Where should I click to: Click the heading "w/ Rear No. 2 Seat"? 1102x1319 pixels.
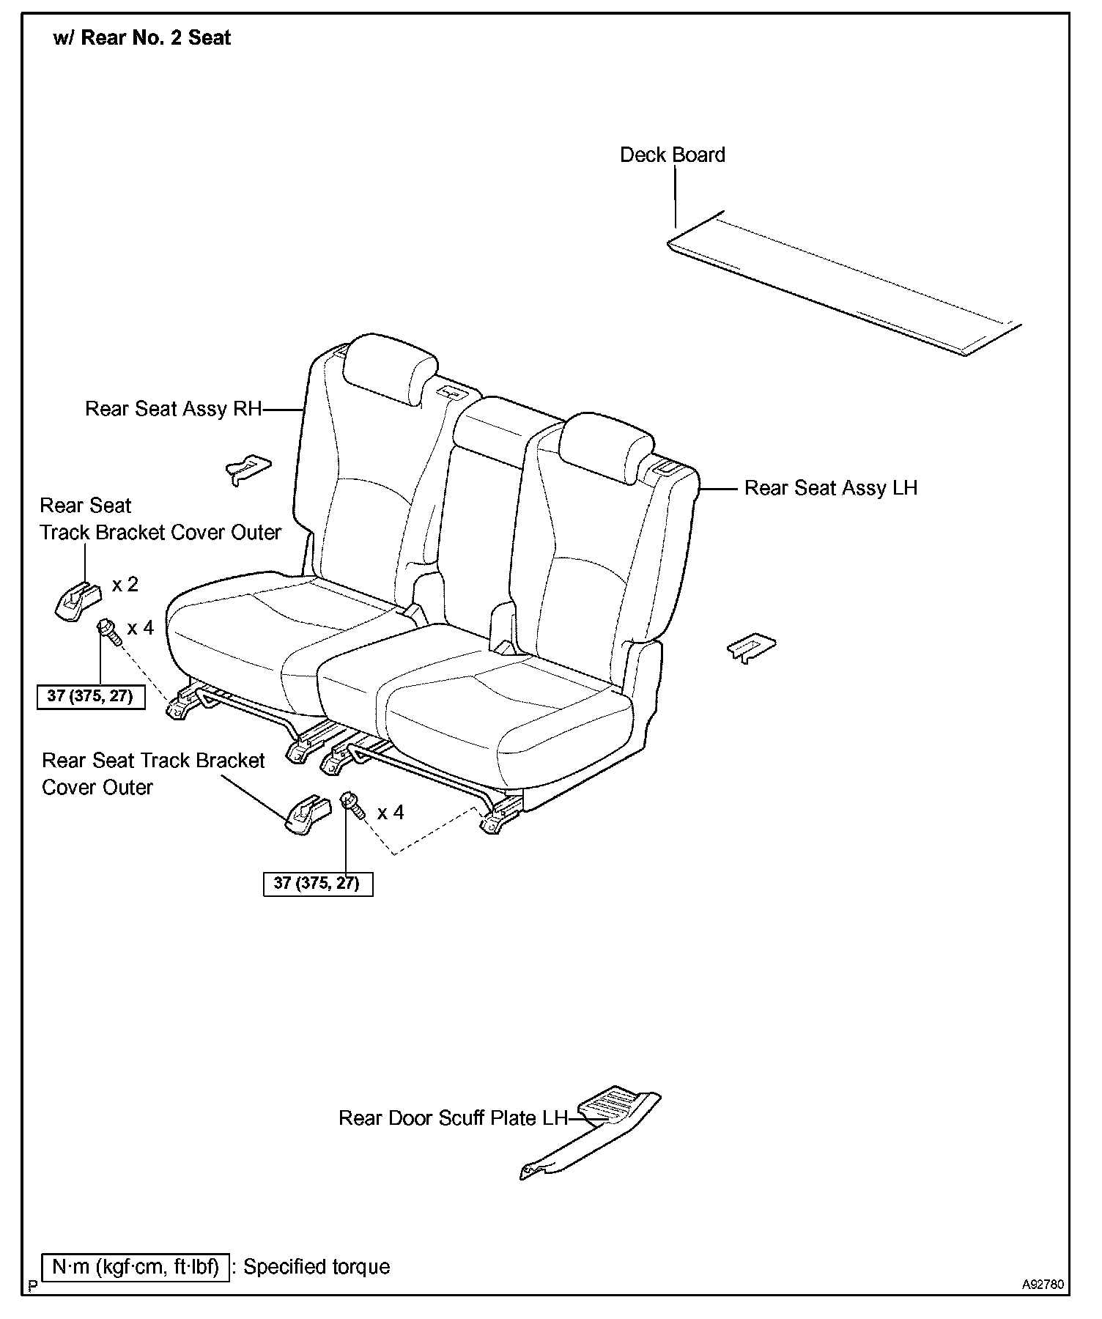pos(142,38)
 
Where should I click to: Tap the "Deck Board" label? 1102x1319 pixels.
pos(672,155)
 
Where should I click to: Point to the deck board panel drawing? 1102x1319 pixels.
pos(843,286)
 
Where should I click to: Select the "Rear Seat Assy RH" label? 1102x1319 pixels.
pos(173,409)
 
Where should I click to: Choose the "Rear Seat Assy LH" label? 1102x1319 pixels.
pos(830,488)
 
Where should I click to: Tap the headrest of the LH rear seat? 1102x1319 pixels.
pos(605,446)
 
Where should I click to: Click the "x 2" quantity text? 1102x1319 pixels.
pos(125,585)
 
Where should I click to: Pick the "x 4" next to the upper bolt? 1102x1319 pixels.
pos(140,628)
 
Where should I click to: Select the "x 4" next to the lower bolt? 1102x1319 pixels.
pos(391,813)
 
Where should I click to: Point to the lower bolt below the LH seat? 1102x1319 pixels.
pos(353,806)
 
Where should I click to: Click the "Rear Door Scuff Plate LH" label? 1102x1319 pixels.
pos(453,1118)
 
